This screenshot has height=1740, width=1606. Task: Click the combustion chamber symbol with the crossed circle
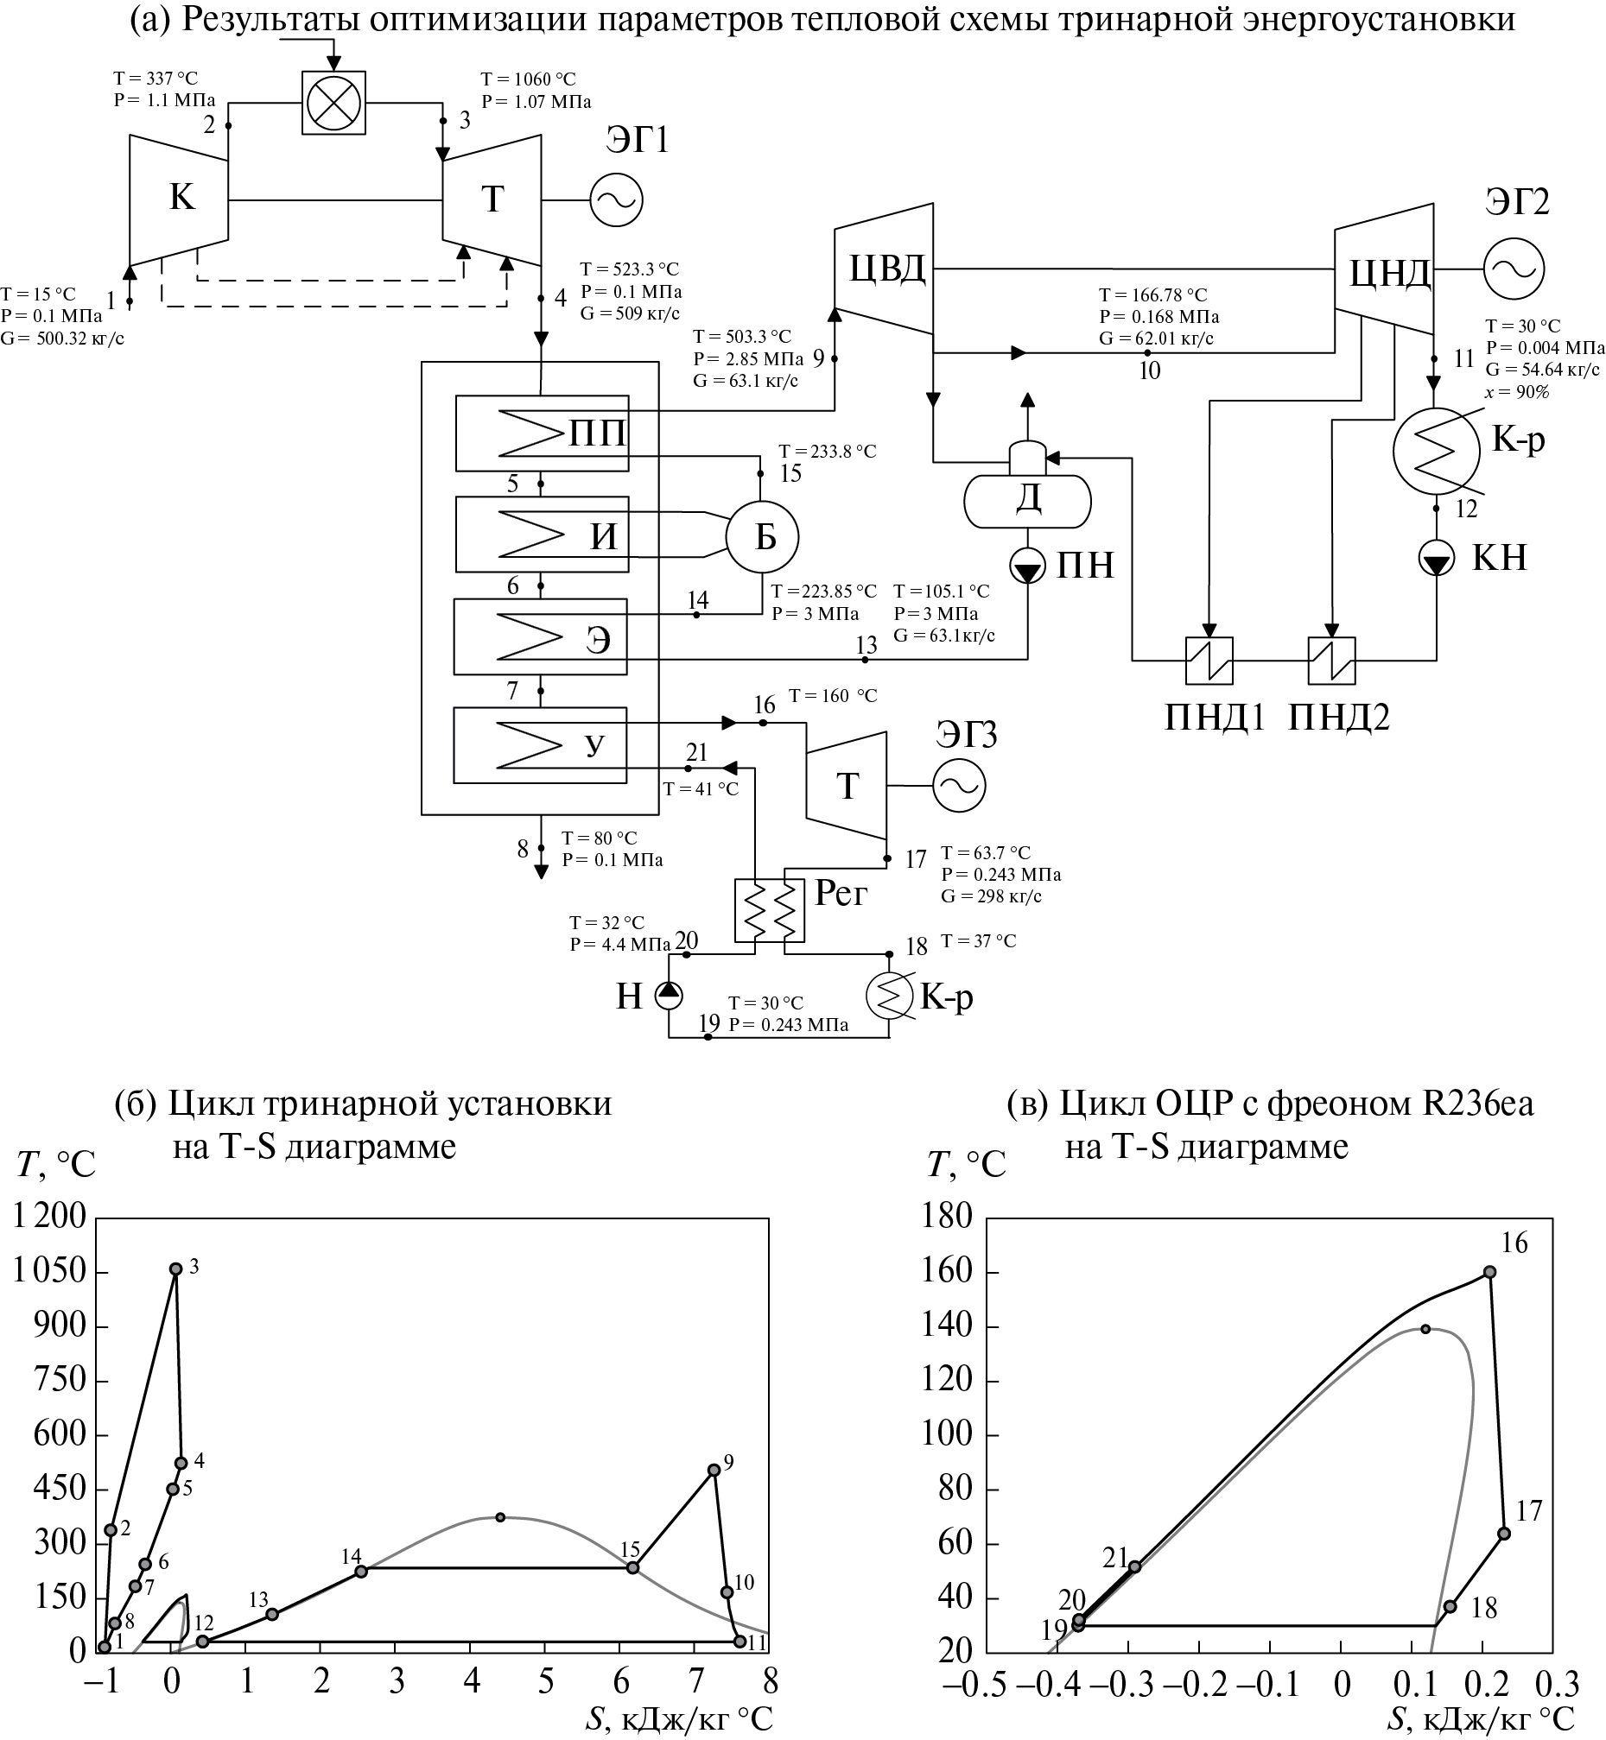(x=333, y=103)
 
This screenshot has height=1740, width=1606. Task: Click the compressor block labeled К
(x=180, y=199)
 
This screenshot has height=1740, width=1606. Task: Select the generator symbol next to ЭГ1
(x=616, y=200)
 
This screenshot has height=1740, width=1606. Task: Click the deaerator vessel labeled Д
(x=1028, y=499)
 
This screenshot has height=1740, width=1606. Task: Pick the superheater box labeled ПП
(x=542, y=433)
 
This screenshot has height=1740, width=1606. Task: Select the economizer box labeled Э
(x=541, y=637)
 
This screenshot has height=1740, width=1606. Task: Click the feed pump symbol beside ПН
(x=1027, y=568)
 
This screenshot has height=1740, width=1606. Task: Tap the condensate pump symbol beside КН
(x=1436, y=558)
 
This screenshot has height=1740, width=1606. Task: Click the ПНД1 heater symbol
(x=1209, y=661)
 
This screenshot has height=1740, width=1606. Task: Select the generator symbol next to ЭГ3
(x=960, y=786)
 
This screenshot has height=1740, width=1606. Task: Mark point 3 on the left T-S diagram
(x=175, y=1269)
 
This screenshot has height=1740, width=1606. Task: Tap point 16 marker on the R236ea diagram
(x=1489, y=1272)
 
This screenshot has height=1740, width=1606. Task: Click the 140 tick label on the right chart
(x=947, y=1326)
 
